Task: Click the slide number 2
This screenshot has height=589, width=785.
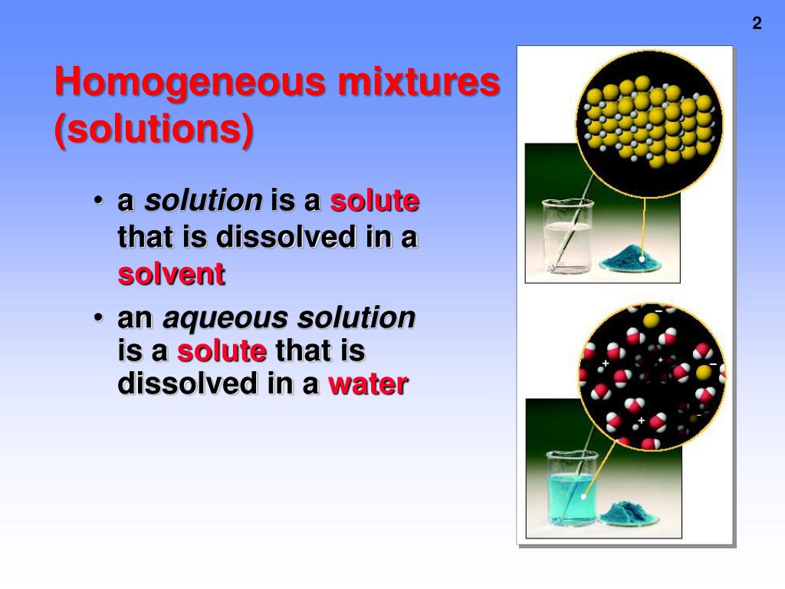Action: click(757, 24)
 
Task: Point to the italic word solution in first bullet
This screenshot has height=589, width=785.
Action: click(203, 201)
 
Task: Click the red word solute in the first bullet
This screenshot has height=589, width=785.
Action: click(374, 201)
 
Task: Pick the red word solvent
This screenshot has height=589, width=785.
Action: click(171, 274)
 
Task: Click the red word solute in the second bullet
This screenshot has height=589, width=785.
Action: click(222, 351)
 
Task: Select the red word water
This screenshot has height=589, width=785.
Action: click(367, 383)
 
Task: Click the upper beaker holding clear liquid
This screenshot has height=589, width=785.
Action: click(568, 237)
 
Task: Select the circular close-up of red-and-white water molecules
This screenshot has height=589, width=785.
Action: click(651, 377)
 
